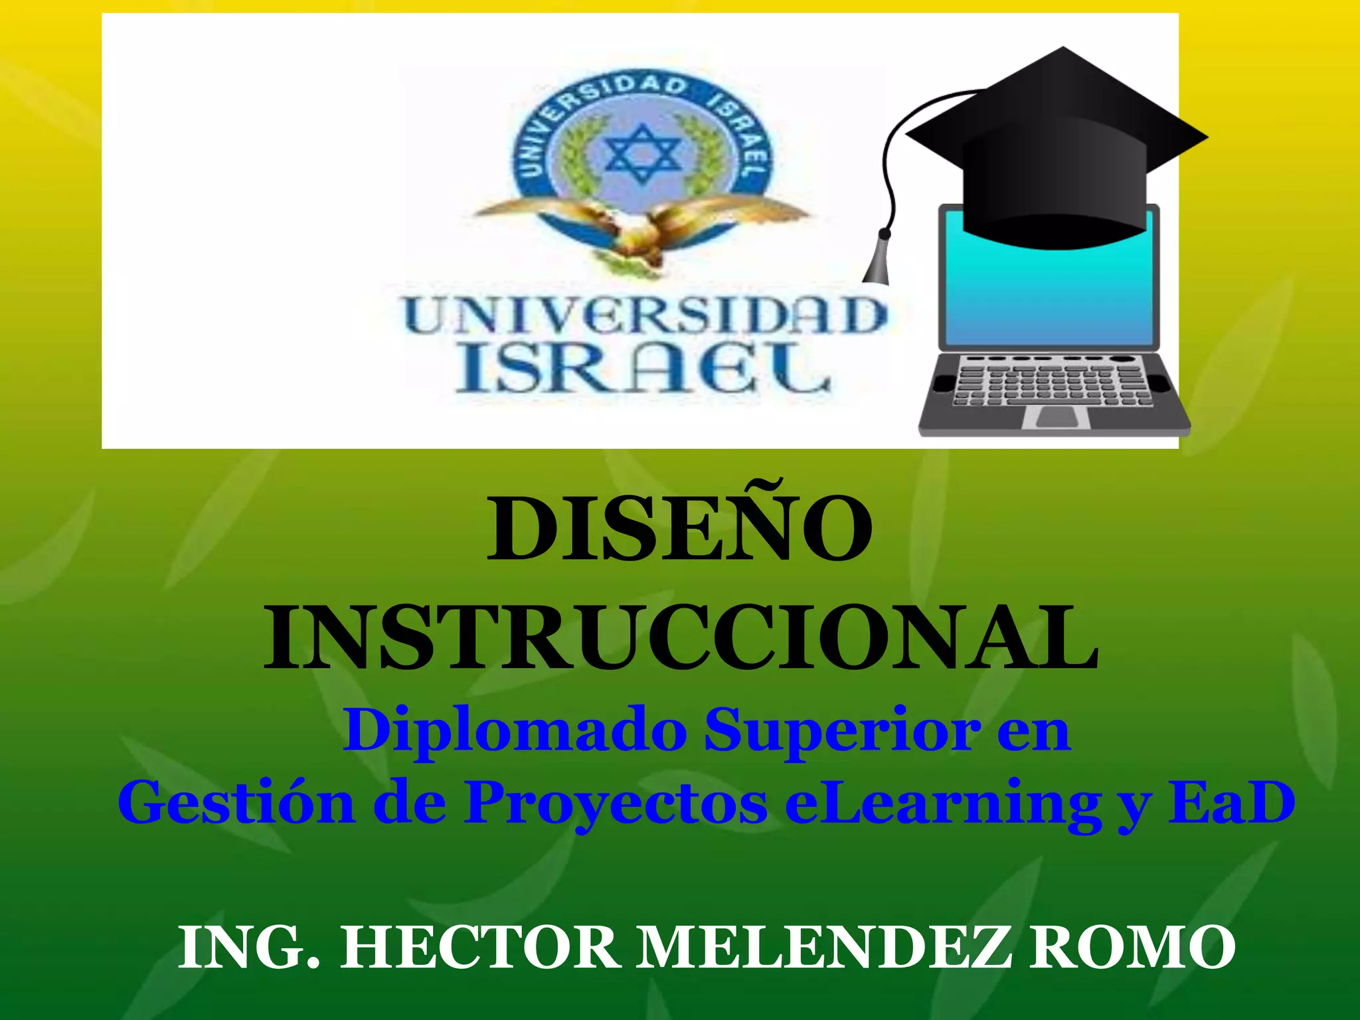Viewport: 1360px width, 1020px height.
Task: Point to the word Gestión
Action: tap(236, 802)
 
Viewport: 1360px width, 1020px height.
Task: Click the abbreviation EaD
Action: tap(1232, 802)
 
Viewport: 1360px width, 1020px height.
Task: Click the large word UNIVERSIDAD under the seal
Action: tap(645, 316)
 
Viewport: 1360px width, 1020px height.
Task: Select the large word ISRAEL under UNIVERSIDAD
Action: tap(643, 371)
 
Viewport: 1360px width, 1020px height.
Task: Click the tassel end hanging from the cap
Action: tap(878, 262)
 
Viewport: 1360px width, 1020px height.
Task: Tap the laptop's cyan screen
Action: tap(1049, 292)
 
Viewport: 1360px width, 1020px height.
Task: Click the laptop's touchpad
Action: tap(1057, 418)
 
